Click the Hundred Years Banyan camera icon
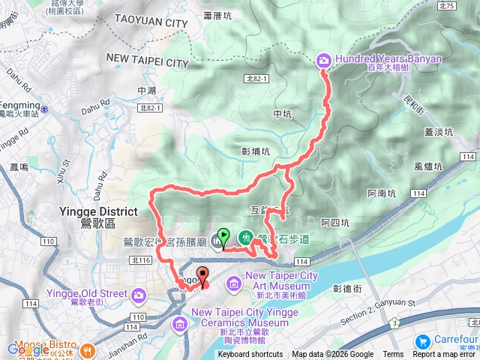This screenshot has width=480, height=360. (324, 60)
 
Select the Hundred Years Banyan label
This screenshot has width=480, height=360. (388, 59)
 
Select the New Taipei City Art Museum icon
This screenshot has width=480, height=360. (232, 283)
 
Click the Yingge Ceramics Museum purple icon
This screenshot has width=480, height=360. (181, 324)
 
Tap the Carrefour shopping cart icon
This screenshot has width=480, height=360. (421, 340)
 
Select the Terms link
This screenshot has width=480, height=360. (393, 355)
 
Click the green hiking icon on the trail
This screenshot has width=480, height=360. (246, 238)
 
